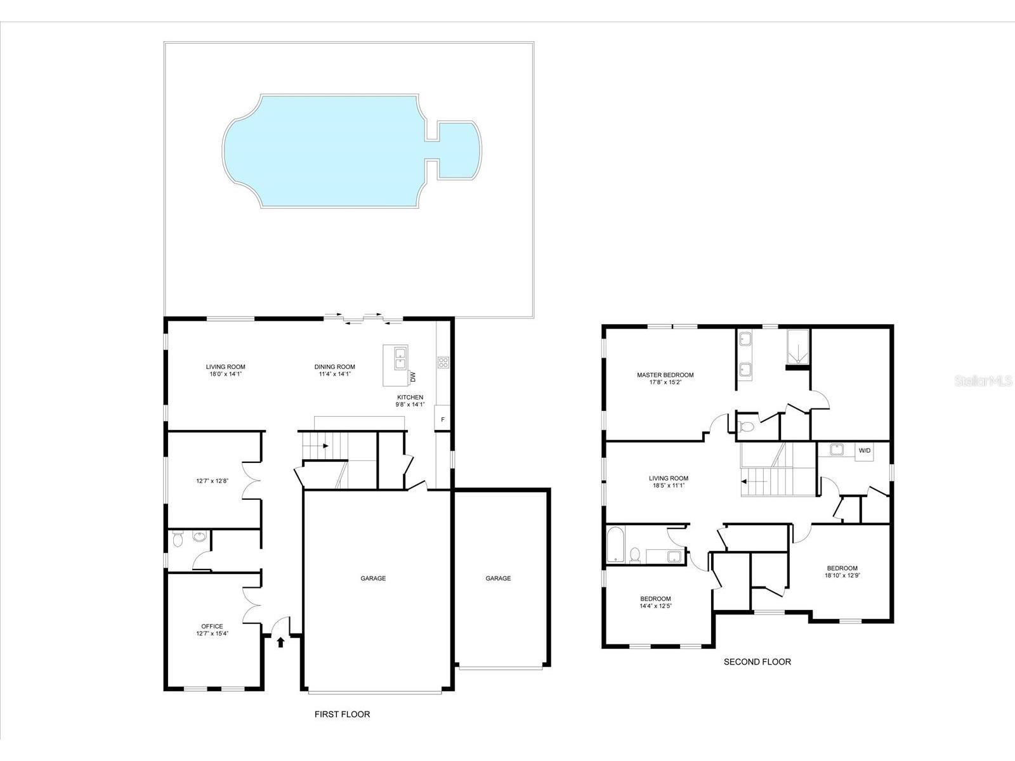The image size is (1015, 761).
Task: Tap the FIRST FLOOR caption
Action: tap(342, 714)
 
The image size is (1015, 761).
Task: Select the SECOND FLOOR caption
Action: tap(757, 661)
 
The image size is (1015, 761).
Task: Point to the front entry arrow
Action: tap(281, 642)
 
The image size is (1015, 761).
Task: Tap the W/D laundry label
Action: tap(864, 451)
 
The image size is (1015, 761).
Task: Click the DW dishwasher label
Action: tap(413, 376)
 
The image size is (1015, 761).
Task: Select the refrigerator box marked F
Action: tap(442, 420)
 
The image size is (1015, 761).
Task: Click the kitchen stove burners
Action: tap(443, 363)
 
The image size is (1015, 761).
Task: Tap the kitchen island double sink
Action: tap(400, 359)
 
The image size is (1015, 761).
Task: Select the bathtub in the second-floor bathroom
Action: tap(615, 544)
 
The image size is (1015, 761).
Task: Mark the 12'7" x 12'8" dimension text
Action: tap(212, 481)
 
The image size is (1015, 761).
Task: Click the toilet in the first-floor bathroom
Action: tap(178, 539)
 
